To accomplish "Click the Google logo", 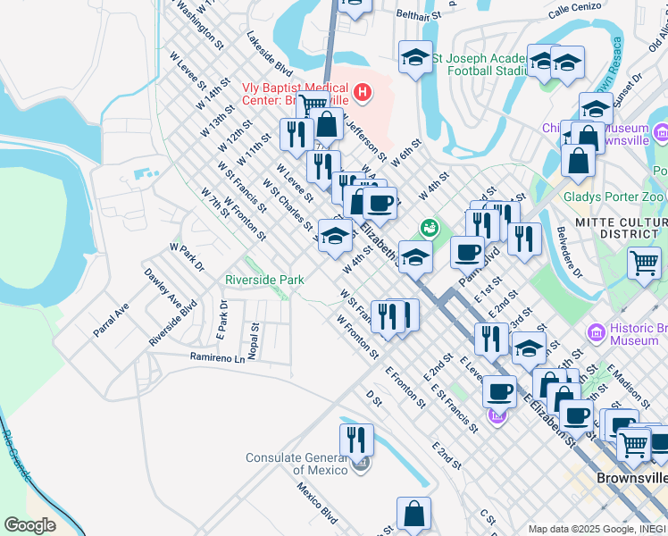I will tap(29, 524).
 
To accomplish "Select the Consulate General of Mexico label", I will tap(298, 465).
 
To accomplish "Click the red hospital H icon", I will tap(362, 92).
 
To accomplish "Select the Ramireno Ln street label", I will tap(216, 357).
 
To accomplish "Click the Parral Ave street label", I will tap(111, 319).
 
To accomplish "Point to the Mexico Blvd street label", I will tap(317, 504).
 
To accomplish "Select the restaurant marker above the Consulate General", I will tap(355, 440).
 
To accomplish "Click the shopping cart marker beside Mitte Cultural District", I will tap(644, 264).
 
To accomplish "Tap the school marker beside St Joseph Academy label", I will tap(414, 58).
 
